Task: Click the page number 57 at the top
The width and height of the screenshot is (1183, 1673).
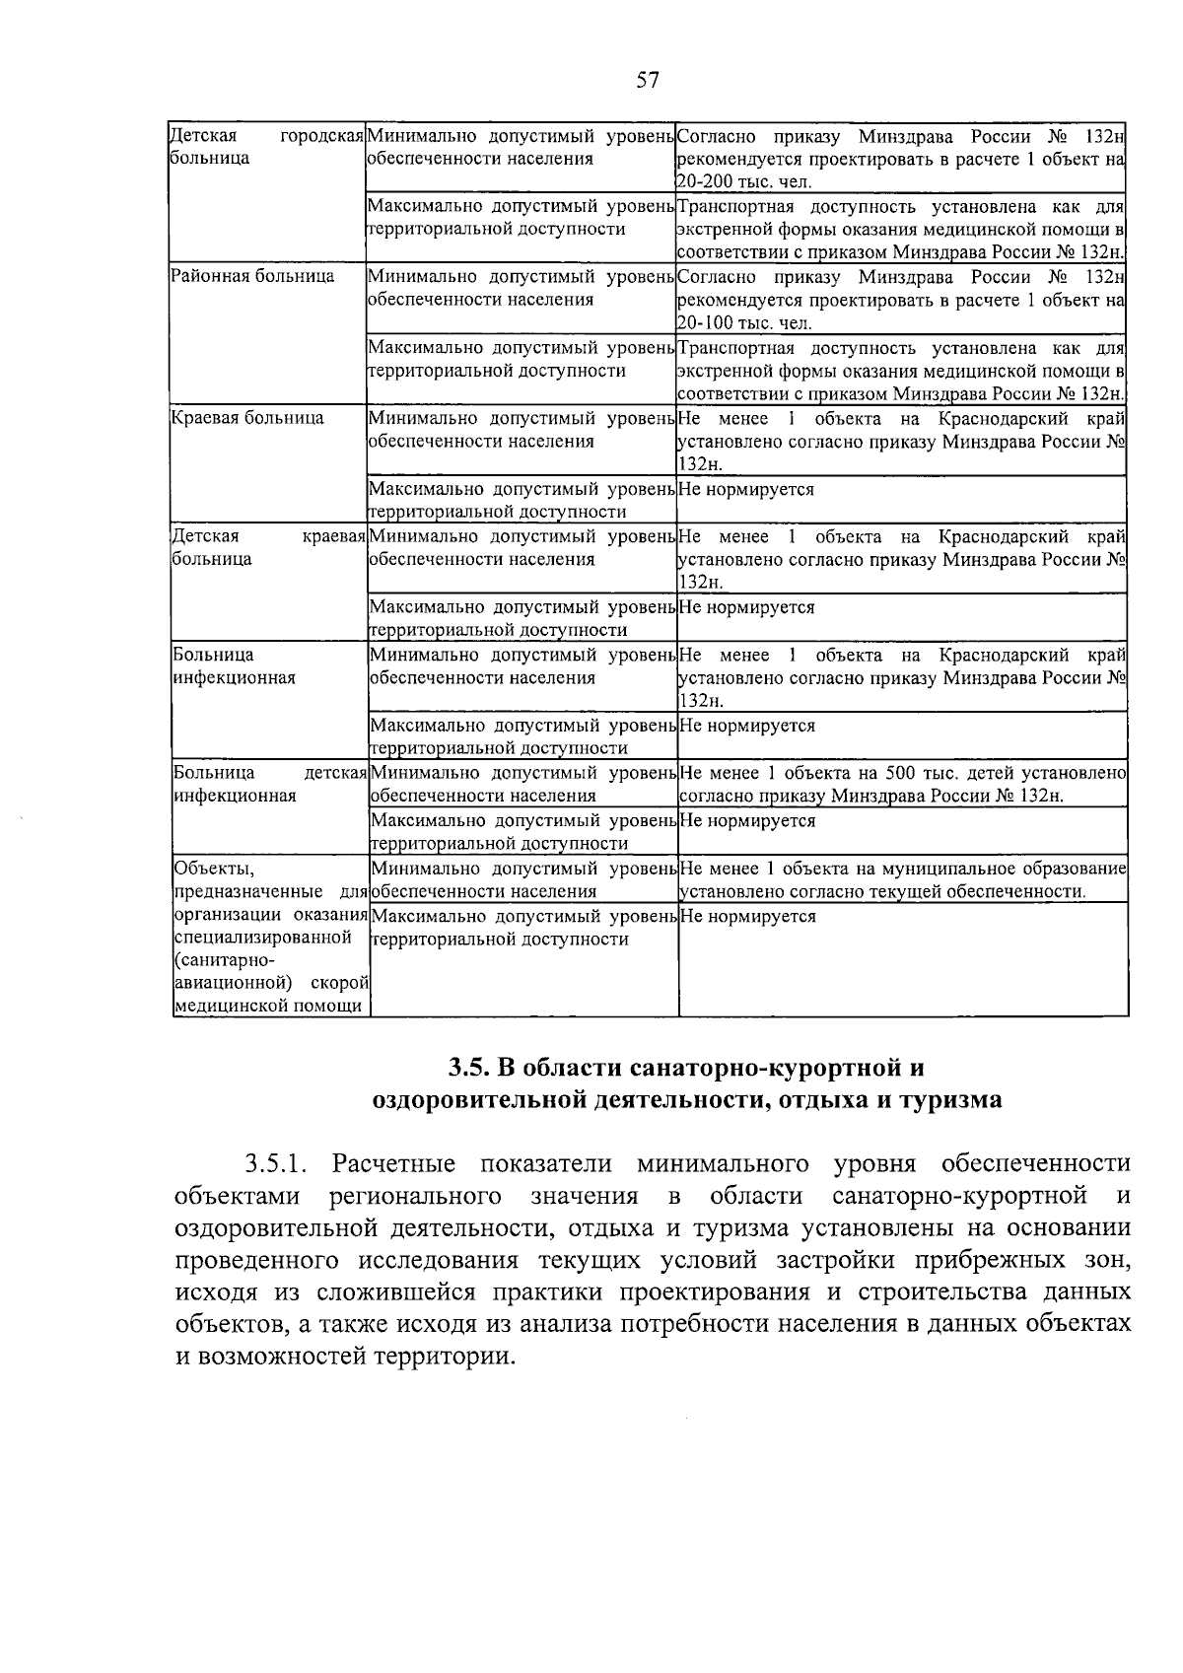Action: (647, 81)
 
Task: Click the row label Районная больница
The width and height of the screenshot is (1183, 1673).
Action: (252, 276)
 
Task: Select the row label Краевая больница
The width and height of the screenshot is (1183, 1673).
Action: (247, 418)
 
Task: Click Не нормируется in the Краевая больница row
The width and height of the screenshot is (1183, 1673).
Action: (747, 489)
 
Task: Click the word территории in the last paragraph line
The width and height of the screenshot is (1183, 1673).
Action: (441, 1357)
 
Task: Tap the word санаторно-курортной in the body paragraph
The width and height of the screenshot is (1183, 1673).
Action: (959, 1197)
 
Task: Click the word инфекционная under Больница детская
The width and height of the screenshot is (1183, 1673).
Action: (235, 796)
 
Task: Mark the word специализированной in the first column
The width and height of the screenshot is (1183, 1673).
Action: (262, 938)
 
